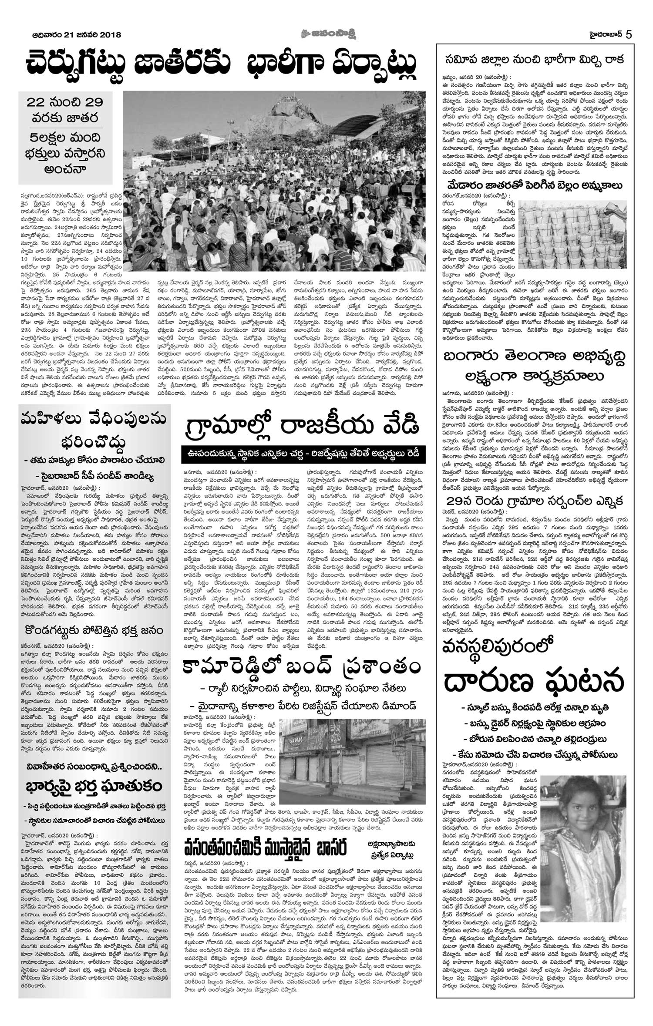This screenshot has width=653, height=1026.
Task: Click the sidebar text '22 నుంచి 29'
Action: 65,103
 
